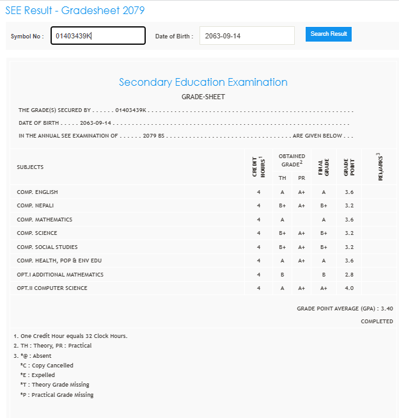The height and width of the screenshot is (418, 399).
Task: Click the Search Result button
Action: (x=329, y=34)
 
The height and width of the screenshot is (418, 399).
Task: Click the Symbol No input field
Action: (x=98, y=36)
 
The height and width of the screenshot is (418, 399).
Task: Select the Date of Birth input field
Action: (x=247, y=36)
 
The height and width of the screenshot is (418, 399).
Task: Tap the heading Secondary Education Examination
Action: (x=203, y=82)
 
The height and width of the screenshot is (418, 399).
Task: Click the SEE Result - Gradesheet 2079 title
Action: (x=75, y=11)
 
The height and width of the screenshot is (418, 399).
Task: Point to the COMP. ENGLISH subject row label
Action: (x=38, y=192)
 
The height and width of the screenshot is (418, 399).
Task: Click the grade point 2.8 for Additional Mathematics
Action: (x=348, y=275)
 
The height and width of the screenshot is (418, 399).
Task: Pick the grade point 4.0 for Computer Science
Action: (x=348, y=288)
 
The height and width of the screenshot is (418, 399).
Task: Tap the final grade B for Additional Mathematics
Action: (x=324, y=275)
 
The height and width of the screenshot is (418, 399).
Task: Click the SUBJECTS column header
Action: (x=30, y=167)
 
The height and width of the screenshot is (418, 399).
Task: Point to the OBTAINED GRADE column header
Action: (x=292, y=160)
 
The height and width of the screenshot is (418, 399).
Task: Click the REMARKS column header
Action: (x=380, y=167)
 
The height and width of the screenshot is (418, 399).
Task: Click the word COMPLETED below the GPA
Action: (x=377, y=321)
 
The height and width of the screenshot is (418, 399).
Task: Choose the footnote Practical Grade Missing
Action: (x=57, y=395)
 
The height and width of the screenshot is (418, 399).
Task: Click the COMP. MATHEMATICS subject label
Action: (x=45, y=220)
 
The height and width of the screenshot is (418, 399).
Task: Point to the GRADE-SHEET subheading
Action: (x=203, y=97)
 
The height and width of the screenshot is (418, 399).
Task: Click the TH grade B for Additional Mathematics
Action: (x=282, y=275)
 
